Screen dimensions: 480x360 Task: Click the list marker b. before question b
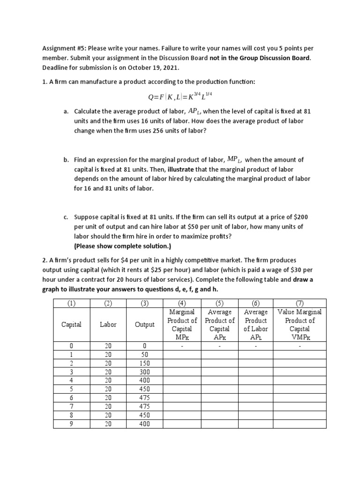pos(66,160)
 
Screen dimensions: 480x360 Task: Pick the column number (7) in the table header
pos(300,303)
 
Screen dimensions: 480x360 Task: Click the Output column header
pos(144,324)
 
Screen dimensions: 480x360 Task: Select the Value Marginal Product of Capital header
pos(300,324)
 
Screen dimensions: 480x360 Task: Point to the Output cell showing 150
pos(144,363)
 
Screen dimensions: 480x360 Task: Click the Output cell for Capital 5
pos(144,389)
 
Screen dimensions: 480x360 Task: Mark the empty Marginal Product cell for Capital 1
pos(182,355)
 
